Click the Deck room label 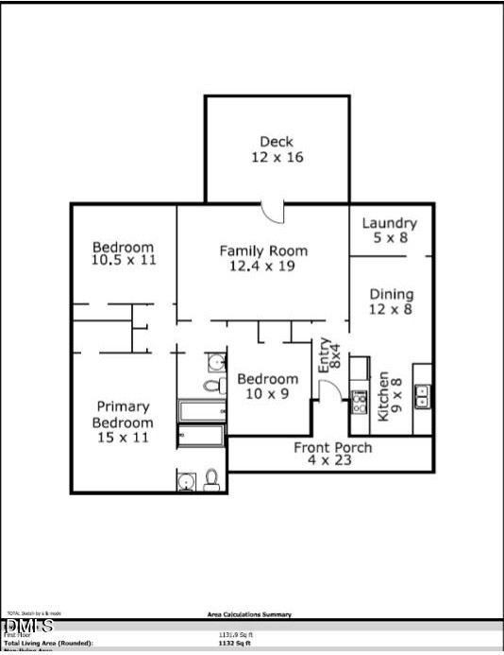277,142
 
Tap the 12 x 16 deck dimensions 277,158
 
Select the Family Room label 263,250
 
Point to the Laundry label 389,223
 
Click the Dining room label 391,294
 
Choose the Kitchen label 384,397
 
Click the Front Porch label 332,447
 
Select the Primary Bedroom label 123,415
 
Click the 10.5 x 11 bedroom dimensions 124,259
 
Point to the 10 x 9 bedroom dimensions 268,393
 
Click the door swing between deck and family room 273,212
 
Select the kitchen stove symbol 360,402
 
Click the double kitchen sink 423,396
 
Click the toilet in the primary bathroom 212,480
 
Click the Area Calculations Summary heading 249,614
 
